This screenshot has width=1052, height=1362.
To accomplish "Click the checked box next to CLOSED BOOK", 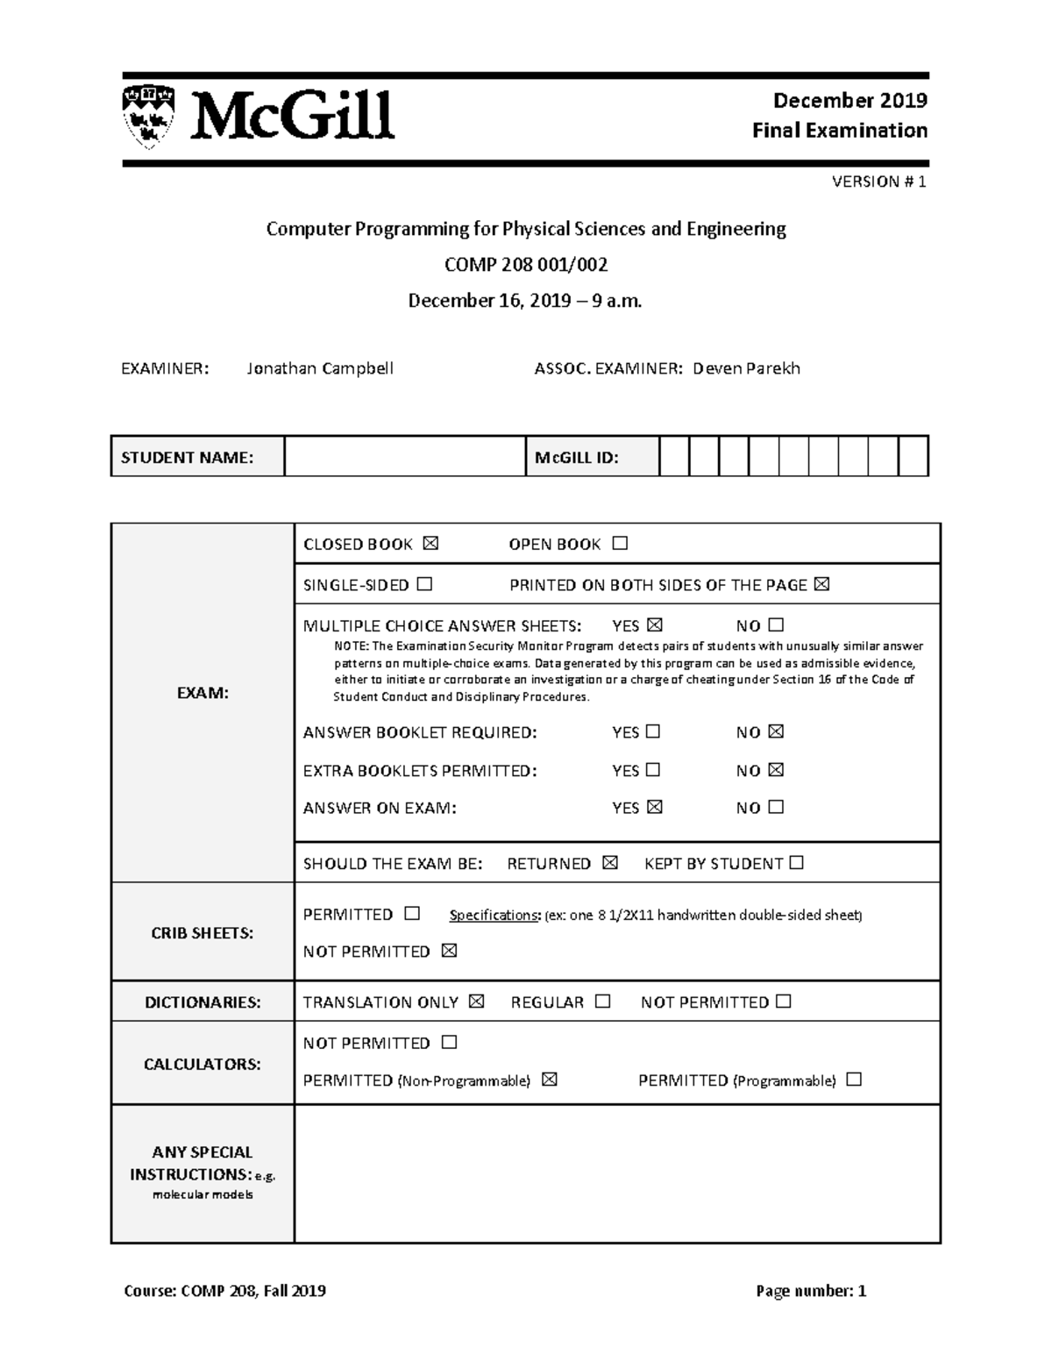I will coord(430,544).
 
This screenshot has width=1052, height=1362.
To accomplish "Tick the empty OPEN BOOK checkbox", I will coord(620,544).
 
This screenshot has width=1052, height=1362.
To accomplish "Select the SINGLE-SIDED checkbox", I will coord(424,584).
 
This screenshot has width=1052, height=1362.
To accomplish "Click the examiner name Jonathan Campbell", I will coord(319,368).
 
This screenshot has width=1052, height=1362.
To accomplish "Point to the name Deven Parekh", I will coord(746,368).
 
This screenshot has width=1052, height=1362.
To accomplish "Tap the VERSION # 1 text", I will coord(878,182).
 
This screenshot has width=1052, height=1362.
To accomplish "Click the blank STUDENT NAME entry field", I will coord(404,457).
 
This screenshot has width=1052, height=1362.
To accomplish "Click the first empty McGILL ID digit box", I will coord(674,457).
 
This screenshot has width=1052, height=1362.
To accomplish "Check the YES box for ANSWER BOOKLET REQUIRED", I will coord(652,731).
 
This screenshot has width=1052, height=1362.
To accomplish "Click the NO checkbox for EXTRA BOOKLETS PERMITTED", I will coord(775,770).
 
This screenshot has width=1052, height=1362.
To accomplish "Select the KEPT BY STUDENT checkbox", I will coord(796,863).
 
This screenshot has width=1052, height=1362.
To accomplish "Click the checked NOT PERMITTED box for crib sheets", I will coord(449,951).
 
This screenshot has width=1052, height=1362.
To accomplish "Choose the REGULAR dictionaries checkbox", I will coord(602,1002).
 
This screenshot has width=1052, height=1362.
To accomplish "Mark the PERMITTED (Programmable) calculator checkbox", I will coord(854,1080).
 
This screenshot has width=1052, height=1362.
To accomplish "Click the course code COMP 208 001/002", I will coord(526,264).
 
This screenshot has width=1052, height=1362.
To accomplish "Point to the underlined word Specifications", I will coord(494,916).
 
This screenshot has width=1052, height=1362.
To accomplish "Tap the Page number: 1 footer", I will coord(811,1290).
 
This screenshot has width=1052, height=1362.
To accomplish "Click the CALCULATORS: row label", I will coord(203,1064).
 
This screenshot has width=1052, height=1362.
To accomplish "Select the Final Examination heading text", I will coord(839,131).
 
